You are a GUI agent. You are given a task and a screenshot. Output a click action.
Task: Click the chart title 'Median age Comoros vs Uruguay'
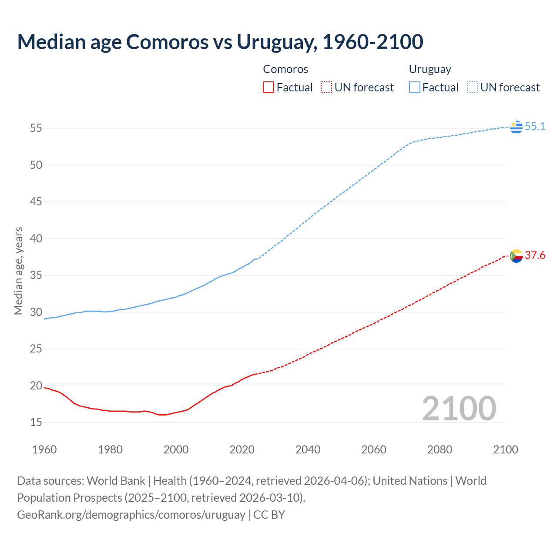(x=220, y=42)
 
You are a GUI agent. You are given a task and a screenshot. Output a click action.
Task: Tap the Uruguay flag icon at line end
(x=516, y=127)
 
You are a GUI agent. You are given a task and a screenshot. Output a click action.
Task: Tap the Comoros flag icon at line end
(x=516, y=256)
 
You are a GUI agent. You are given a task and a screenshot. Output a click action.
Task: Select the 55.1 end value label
(x=535, y=127)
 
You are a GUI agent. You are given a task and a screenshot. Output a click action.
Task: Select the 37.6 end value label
(x=535, y=255)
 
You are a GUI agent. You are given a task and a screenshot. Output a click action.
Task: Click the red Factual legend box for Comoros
(x=268, y=87)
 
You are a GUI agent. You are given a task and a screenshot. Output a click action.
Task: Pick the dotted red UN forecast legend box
(x=326, y=87)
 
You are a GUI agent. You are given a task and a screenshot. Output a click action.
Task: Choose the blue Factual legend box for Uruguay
(x=415, y=87)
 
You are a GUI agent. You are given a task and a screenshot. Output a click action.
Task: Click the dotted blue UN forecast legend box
(x=472, y=87)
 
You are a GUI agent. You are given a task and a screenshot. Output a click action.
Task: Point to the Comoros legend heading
(x=285, y=69)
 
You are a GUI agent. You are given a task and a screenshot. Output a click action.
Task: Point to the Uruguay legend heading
(x=430, y=69)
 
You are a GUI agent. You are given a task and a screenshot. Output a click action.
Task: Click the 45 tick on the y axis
(x=36, y=202)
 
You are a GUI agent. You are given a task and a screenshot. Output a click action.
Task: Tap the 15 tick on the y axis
(x=36, y=423)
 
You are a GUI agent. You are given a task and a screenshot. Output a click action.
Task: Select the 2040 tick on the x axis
(x=308, y=450)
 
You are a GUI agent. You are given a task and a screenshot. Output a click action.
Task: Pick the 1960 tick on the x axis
(x=44, y=450)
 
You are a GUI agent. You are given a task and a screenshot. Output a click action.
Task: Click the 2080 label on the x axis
(x=440, y=450)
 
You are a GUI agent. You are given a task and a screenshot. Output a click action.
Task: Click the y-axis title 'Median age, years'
(x=18, y=271)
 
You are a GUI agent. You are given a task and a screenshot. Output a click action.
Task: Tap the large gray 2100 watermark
(x=459, y=408)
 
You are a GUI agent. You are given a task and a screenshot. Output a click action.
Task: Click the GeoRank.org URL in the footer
(x=131, y=515)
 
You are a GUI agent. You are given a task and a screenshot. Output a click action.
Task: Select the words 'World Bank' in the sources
(x=116, y=481)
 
